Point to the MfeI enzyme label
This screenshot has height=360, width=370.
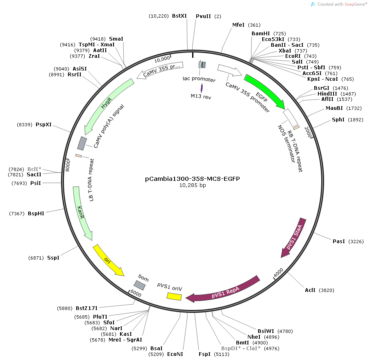pos(238,25)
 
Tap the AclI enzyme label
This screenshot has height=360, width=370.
pos(310,290)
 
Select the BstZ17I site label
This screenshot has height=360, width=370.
pos(87,308)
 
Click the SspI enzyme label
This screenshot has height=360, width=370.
pos(53,257)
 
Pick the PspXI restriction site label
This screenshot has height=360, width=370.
pos(44,124)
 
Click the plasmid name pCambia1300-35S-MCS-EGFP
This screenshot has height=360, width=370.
pos(193,179)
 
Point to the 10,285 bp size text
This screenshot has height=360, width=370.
pos(193,185)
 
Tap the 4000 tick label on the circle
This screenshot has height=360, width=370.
pos(278,272)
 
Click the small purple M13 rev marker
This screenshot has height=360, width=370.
pos(202,88)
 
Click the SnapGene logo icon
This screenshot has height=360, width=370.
pos(313,4)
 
